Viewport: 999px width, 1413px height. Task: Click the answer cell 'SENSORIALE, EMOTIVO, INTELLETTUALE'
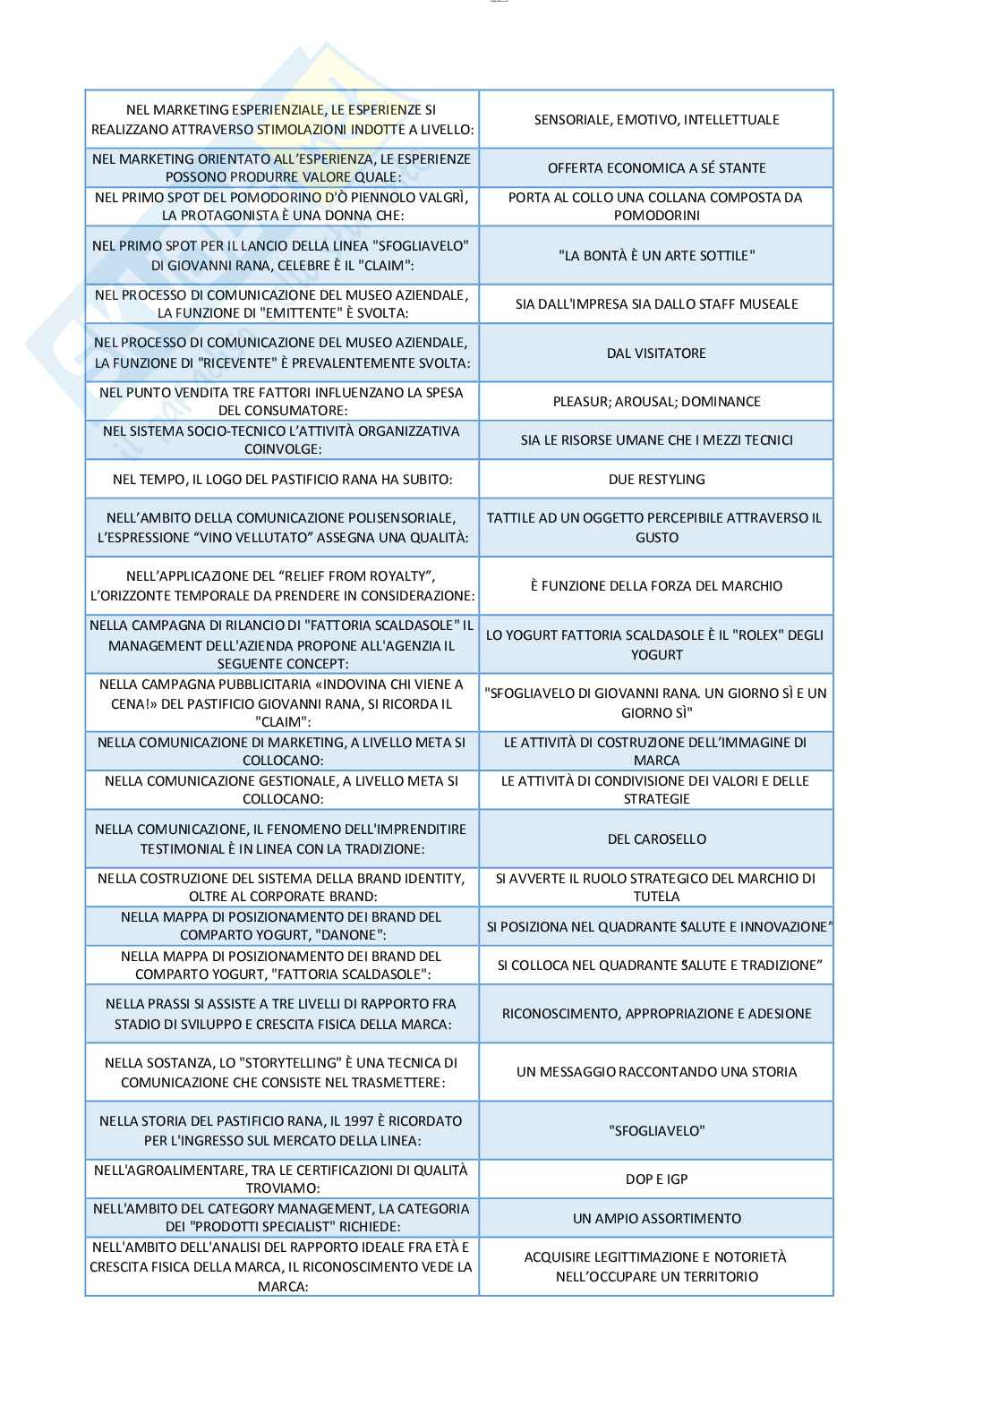coord(656,120)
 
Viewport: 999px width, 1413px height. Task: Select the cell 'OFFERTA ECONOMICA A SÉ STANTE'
coord(656,168)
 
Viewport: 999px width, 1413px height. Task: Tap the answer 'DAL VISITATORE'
coord(656,353)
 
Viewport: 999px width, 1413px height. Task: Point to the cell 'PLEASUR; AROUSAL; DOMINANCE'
coord(656,402)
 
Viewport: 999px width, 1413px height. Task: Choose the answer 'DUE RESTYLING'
coord(656,480)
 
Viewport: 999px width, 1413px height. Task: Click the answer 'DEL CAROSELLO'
coord(656,839)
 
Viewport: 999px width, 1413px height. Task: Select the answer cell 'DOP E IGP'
coord(656,1179)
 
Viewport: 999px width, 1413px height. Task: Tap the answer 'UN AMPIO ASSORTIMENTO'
coord(656,1219)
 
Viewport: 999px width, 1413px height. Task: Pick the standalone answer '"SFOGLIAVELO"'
coord(656,1131)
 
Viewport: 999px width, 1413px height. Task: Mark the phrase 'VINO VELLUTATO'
coord(327,538)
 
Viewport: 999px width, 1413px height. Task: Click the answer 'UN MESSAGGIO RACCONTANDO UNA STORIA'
coord(656,1072)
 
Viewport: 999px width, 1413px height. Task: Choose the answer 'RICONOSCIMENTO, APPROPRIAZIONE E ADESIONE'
coord(656,1014)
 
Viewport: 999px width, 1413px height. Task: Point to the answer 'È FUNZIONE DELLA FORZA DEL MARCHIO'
coord(656,586)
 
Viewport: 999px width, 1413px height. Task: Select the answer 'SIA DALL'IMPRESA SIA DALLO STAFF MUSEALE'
coord(656,304)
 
